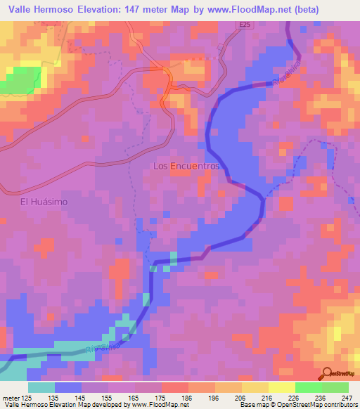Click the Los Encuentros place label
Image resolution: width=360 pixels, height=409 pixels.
click(186, 167)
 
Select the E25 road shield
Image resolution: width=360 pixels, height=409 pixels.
click(245, 26)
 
